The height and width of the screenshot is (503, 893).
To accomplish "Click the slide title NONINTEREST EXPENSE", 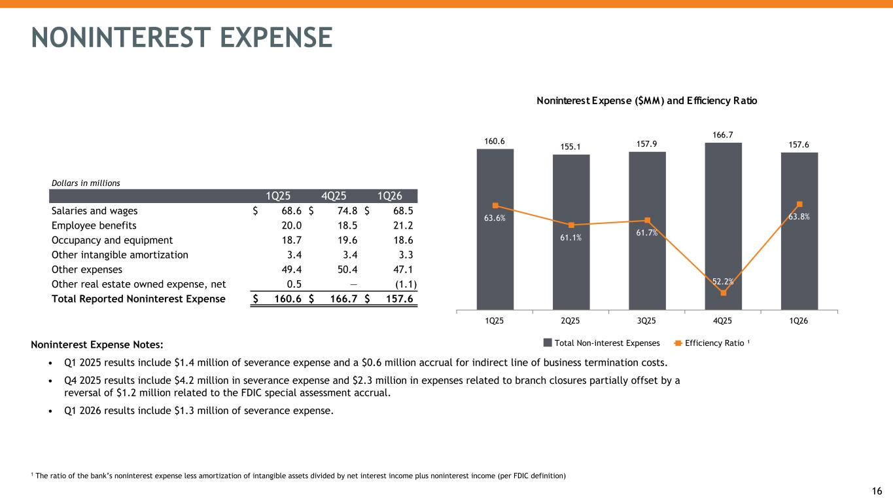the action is [182, 37].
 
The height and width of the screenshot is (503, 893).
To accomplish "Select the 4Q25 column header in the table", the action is [334, 196].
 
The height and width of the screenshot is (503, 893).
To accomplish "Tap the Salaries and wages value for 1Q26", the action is [403, 211].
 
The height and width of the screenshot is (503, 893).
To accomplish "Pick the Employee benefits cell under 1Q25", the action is [291, 225].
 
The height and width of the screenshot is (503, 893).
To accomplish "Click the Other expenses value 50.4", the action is [347, 269].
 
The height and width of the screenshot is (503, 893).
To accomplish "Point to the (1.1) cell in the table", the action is [406, 284].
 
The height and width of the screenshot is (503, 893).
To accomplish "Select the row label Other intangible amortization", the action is [120, 255].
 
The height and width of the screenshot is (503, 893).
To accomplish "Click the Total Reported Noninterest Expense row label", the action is [138, 299].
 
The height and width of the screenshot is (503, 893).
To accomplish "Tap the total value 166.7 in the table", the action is [343, 299].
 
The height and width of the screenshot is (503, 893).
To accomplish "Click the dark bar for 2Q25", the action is [571, 232].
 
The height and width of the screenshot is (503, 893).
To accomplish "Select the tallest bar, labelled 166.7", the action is [723, 226].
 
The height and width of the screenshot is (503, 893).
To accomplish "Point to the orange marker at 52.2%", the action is [724, 293].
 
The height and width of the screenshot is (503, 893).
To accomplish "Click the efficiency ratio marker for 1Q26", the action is [799, 204].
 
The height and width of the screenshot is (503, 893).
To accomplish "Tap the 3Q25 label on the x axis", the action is [646, 321].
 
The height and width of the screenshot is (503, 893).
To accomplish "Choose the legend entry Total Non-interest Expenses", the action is [602, 343].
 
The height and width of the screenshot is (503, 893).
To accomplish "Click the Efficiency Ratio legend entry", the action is [712, 343].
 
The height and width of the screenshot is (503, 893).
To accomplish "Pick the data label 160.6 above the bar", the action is [495, 141].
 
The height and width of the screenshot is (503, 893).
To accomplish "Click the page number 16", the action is [877, 491].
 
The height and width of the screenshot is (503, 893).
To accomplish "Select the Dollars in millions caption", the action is [86, 183].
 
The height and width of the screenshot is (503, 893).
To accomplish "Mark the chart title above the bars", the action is [646, 101].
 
